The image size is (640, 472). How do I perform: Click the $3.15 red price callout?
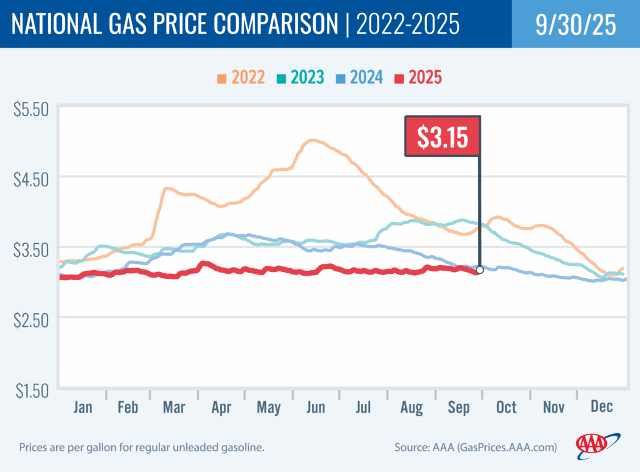[x=442, y=136]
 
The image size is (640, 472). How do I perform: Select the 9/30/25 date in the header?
[x=575, y=24]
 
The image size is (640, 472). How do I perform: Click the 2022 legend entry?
[x=241, y=78]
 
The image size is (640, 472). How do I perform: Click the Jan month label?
[x=82, y=407]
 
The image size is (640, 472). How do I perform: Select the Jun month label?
[x=316, y=407]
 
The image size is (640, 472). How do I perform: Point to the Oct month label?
[x=506, y=407]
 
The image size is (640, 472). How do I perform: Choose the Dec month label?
[x=601, y=407]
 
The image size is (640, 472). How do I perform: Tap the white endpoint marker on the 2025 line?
[x=479, y=270]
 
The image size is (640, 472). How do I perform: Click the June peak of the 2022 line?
[x=312, y=141]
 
